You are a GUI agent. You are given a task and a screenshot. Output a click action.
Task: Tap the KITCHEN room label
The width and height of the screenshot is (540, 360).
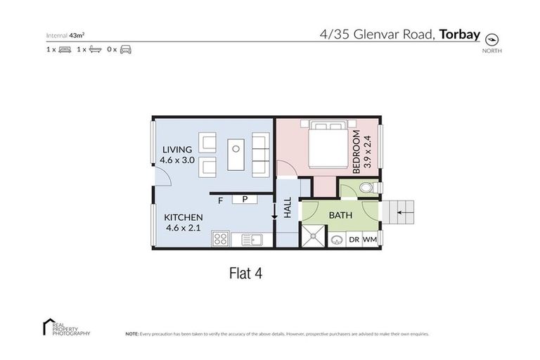point(184,217)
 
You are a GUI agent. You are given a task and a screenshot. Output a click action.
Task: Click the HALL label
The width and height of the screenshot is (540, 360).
point(287,208)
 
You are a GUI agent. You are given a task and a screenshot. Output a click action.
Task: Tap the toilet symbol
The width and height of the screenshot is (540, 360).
point(363,188)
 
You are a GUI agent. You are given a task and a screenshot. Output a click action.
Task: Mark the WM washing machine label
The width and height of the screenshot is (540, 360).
point(369,239)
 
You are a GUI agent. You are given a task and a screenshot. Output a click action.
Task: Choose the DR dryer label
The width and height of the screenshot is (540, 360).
point(354,239)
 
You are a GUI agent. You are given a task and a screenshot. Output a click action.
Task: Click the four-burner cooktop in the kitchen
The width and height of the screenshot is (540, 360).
point(219,239)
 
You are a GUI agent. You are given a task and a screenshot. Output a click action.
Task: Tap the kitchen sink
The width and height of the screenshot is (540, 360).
point(251,240)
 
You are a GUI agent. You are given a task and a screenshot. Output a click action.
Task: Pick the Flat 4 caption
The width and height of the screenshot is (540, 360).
point(247,271)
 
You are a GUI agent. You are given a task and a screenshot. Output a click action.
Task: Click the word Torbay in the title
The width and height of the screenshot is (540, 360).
point(461,32)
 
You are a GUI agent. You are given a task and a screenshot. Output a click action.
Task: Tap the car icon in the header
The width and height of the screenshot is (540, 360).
point(126,49)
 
